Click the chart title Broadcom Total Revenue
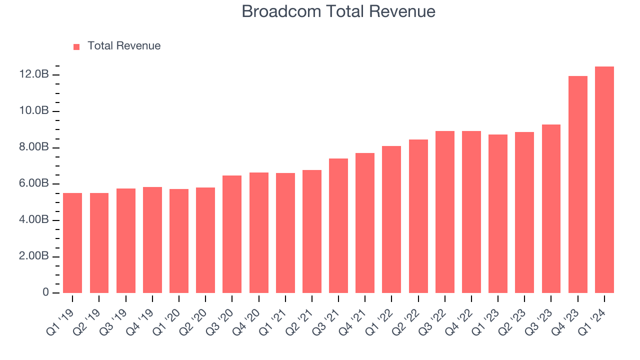338,11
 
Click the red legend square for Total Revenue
76,46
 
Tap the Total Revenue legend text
124,46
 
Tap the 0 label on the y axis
45,292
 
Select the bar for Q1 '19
72,243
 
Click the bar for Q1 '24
604,180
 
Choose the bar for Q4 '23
577,184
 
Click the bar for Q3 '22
444,212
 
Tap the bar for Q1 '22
391,219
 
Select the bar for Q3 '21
338,226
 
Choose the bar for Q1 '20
179,241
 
